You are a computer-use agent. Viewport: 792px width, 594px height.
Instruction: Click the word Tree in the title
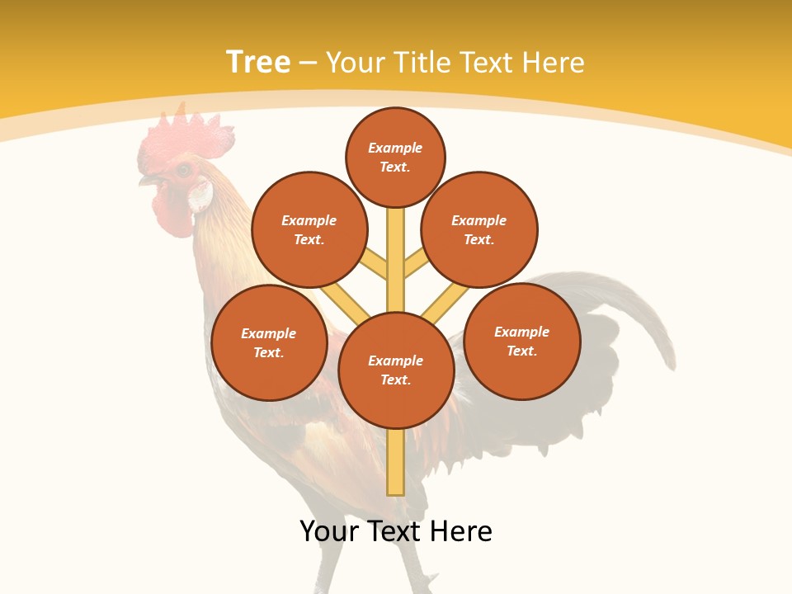[258, 62]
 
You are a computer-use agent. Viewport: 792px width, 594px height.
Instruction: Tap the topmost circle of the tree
[395, 157]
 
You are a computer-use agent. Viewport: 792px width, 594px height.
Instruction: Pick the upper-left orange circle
[309, 229]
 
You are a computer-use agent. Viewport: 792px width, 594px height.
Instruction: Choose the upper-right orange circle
[479, 229]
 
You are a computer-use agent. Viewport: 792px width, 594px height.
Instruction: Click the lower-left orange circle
[269, 342]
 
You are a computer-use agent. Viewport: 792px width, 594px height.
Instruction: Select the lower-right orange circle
[522, 341]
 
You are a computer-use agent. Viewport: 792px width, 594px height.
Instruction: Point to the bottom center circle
[396, 370]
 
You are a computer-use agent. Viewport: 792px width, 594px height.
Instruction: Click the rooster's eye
[182, 170]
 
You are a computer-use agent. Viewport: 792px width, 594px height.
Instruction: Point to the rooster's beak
[148, 179]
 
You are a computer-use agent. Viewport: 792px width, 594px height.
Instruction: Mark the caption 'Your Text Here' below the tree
[396, 531]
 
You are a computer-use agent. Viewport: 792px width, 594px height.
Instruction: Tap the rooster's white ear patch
[200, 195]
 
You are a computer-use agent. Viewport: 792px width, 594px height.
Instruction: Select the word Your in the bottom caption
[330, 531]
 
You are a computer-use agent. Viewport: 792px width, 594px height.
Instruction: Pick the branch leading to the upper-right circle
[416, 265]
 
